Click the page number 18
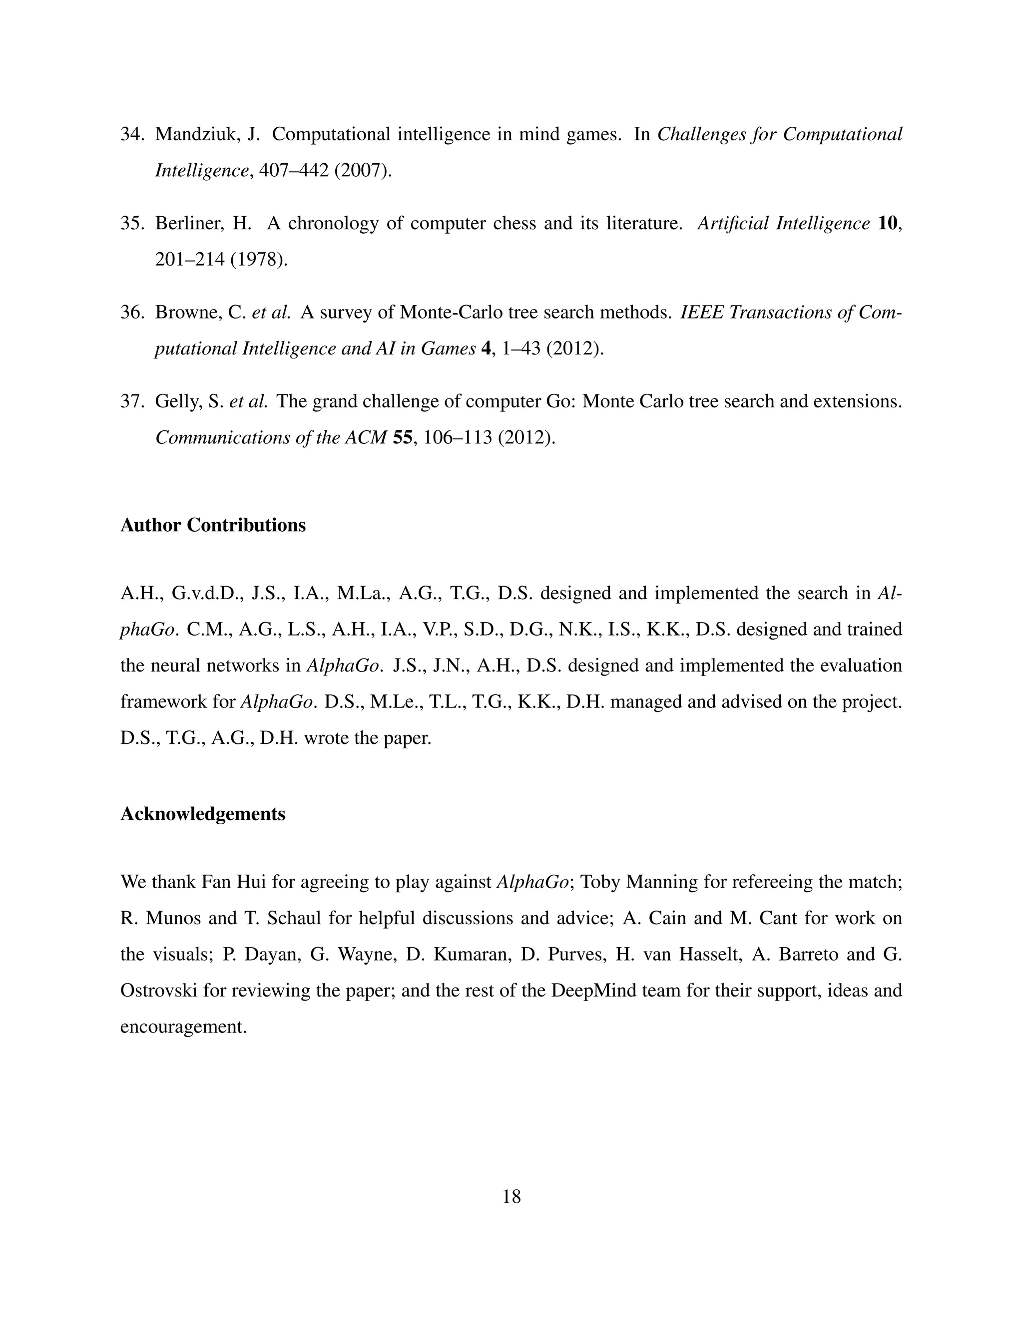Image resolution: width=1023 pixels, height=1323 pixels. [x=511, y=1196]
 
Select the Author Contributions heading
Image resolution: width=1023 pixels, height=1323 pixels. [x=213, y=525]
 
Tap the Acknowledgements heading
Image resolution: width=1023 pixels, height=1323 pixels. [x=202, y=814]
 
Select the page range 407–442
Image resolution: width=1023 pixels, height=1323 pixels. [x=293, y=170]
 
